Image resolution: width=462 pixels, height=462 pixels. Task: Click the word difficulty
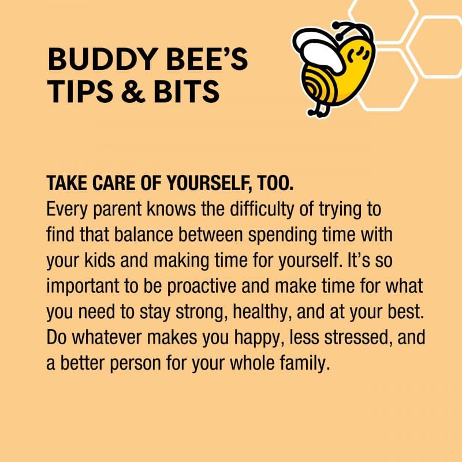tap(265, 208)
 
